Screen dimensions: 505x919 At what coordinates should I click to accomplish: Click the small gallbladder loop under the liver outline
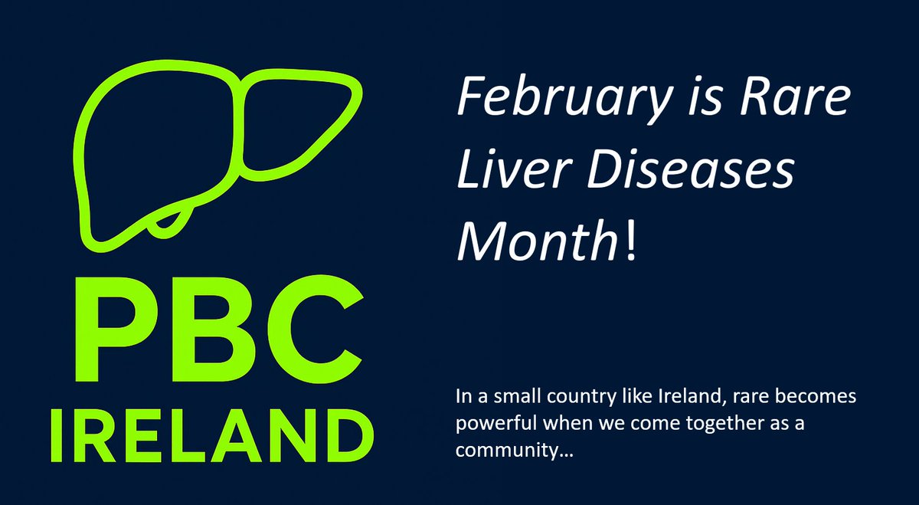pos(170,222)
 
